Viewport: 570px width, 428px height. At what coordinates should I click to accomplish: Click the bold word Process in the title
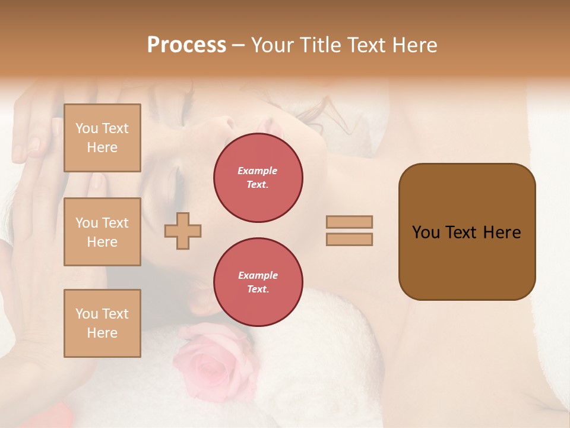(x=186, y=45)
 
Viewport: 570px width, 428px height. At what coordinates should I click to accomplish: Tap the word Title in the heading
(x=318, y=45)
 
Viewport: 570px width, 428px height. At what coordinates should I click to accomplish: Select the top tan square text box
(x=102, y=138)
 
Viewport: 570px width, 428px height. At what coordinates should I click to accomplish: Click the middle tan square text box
(x=102, y=232)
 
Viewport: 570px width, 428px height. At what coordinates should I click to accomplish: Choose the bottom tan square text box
(x=102, y=323)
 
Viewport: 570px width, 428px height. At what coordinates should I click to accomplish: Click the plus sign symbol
(x=183, y=231)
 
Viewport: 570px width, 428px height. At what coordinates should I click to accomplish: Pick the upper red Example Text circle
(x=258, y=178)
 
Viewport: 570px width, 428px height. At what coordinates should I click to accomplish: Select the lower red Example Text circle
(x=258, y=282)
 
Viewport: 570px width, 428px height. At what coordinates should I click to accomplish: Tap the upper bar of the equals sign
(x=349, y=222)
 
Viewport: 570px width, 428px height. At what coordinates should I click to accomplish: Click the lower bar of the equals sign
(x=349, y=239)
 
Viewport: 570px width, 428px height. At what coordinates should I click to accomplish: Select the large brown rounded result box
(x=467, y=232)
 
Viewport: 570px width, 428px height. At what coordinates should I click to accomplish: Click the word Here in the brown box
(x=502, y=232)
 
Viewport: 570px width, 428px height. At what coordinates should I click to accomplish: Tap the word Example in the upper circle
(x=257, y=171)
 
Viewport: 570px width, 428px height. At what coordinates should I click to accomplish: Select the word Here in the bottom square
(x=102, y=333)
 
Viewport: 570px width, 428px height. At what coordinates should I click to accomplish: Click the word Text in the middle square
(x=115, y=223)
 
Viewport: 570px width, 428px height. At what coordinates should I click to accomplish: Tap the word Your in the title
(x=274, y=45)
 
